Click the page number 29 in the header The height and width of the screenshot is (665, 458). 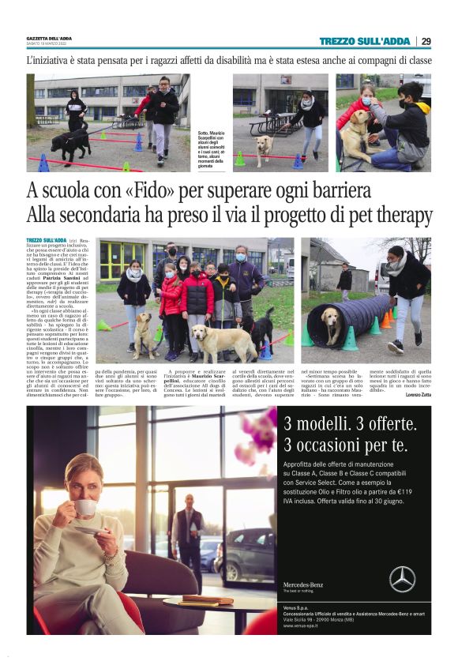[426, 41]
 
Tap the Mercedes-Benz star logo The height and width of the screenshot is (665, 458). [402, 578]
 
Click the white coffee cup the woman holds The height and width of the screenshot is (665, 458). [85, 507]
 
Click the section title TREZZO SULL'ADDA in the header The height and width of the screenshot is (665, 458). [364, 41]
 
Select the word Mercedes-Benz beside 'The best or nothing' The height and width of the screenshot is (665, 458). [301, 584]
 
